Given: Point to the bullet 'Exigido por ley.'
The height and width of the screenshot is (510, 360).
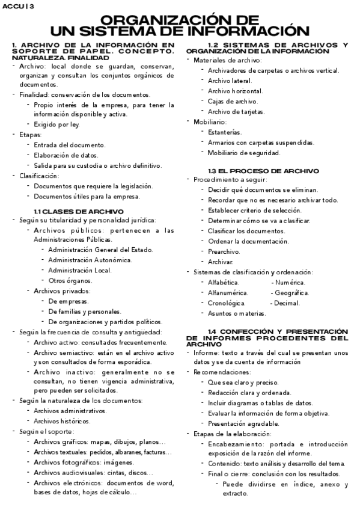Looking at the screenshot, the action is [56, 124].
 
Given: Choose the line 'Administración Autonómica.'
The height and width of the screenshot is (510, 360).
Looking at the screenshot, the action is [90, 260].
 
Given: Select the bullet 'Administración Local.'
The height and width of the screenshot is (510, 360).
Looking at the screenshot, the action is [80, 270].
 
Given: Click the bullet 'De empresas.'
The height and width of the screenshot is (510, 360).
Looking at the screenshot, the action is [69, 301].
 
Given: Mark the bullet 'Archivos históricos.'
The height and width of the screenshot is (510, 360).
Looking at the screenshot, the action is [63, 421].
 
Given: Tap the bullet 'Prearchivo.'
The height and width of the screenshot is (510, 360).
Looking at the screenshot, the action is [224, 251].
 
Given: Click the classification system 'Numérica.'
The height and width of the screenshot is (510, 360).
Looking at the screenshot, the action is [290, 282].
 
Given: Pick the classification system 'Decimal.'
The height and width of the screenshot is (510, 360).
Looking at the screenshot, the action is [288, 303].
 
